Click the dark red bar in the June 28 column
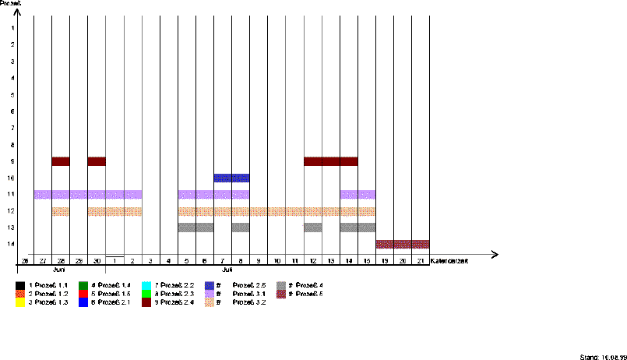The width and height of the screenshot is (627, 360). point(61,161)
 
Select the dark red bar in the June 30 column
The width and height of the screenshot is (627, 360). point(97,161)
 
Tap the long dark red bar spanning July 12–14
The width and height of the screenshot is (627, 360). point(330,161)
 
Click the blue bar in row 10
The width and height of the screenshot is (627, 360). point(231,178)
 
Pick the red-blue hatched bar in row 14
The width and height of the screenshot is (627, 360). point(402,244)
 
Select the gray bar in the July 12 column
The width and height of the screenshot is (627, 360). point(312,228)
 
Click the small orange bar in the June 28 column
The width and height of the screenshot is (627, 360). point(61,211)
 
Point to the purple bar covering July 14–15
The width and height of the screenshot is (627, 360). point(358,194)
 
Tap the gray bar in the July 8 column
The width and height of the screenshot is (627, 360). point(240,228)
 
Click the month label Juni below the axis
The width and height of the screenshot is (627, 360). point(58,268)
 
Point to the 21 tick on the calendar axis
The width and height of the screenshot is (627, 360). point(421,260)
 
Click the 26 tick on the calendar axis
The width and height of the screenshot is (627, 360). point(25,260)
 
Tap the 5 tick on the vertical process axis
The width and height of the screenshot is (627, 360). point(12,94)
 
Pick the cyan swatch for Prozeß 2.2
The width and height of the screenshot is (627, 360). point(147,285)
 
